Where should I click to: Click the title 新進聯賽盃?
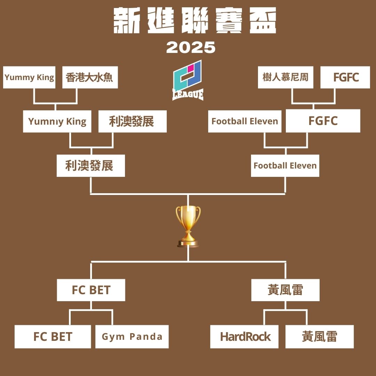point(195,20)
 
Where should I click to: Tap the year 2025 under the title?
point(191,47)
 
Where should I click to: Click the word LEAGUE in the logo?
point(188,94)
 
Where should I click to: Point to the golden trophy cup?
point(188,226)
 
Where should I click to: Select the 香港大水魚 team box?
point(90,77)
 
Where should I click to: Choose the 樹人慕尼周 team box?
point(285,77)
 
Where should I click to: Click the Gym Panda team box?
point(132,336)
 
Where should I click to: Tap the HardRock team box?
point(244,336)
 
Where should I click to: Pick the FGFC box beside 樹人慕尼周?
point(345,77)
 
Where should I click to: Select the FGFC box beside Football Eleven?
point(323,121)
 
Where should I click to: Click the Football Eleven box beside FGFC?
point(245,122)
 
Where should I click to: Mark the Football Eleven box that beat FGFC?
point(285,166)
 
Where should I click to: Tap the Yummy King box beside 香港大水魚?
point(29,77)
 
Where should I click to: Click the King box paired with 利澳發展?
point(57,122)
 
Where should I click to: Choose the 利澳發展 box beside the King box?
point(133,122)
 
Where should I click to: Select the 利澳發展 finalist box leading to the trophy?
point(91,166)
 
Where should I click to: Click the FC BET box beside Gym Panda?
point(53,336)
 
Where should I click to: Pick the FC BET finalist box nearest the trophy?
point(91,290)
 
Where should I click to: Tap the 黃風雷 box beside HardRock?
point(319,336)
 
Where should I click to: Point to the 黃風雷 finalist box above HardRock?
point(285,290)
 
